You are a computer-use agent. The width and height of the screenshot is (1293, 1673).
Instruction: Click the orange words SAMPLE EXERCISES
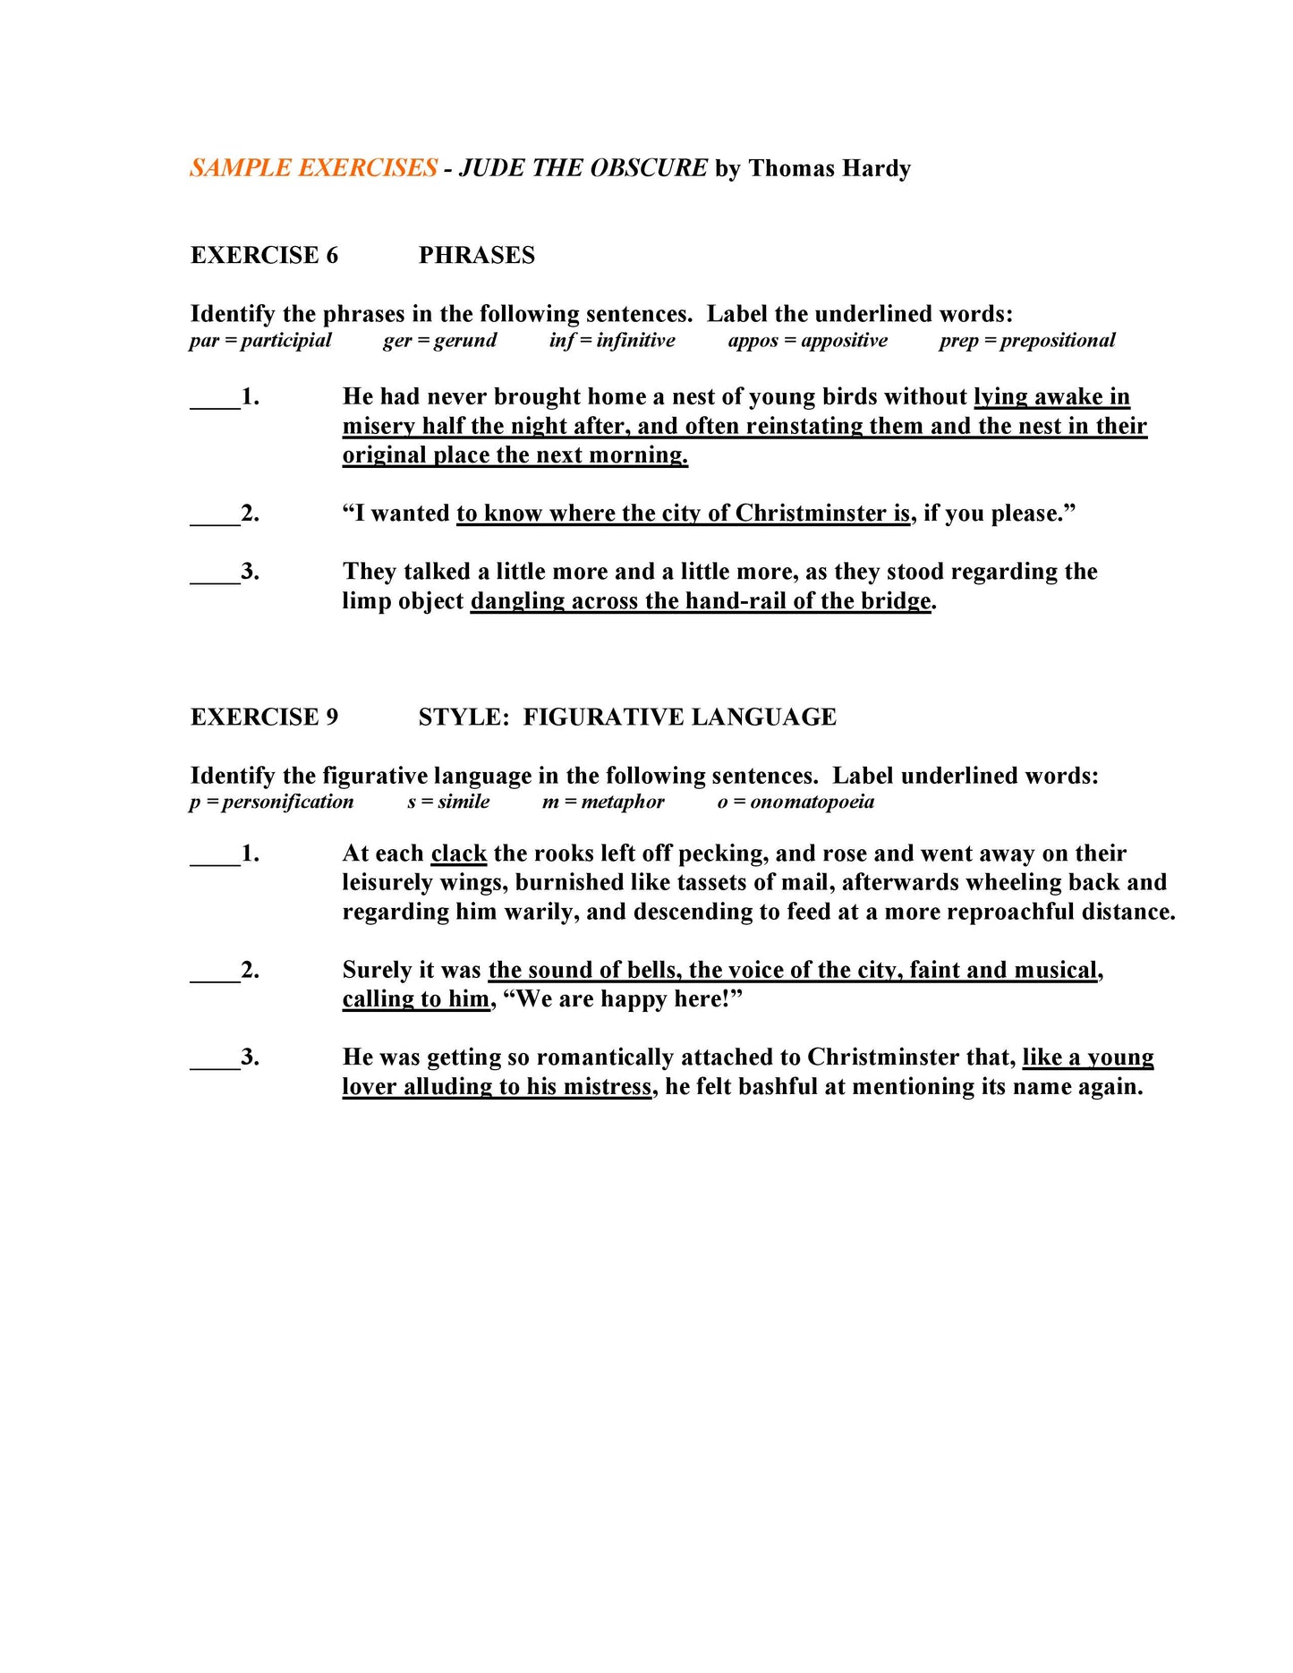coord(313,168)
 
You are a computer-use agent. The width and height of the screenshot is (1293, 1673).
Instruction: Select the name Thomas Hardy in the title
coord(829,168)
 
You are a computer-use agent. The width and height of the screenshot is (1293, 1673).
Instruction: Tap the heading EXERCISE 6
coord(264,255)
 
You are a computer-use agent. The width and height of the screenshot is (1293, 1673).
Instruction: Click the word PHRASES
coord(476,255)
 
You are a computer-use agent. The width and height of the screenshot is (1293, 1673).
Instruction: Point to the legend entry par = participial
coord(259,341)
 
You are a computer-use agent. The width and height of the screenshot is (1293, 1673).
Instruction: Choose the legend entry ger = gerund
coord(439,341)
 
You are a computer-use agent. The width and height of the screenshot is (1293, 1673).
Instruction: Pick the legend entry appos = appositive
coord(807,341)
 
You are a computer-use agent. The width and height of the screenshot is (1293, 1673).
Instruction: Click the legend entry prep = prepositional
coord(1026,341)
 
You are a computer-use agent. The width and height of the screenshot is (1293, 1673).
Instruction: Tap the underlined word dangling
coord(517,601)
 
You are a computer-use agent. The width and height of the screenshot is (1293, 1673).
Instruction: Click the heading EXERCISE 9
coord(264,717)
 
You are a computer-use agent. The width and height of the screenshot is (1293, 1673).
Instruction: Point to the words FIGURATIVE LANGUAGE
coord(679,717)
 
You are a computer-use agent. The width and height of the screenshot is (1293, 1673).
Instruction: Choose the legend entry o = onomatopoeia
coord(795,802)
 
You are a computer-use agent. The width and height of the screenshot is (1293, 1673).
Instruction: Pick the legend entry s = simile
coord(448,802)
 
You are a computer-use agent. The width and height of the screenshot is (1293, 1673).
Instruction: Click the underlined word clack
coord(458,853)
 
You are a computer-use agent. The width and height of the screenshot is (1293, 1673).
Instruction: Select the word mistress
coord(611,1087)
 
